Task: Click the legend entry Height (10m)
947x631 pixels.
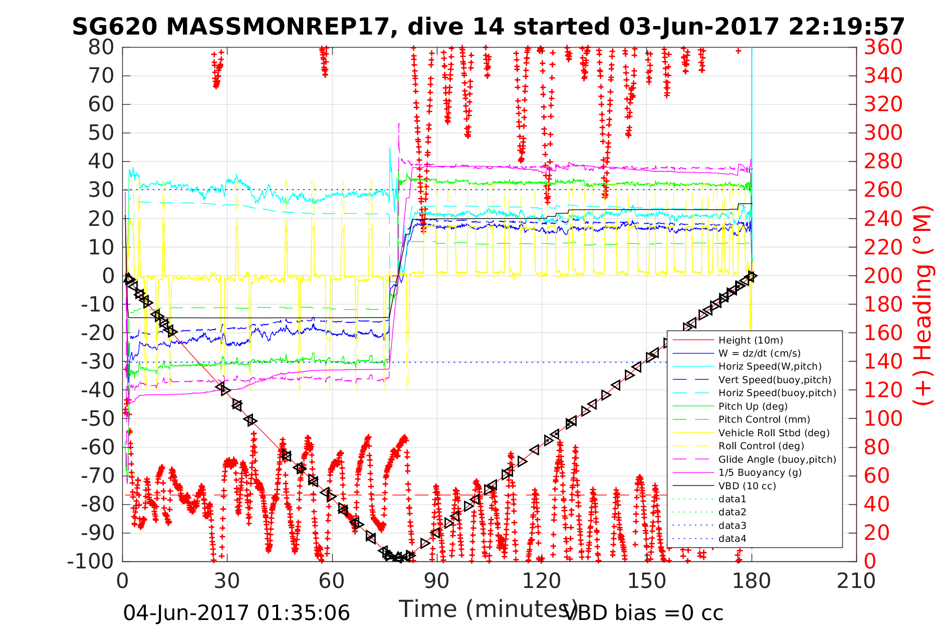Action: tap(750, 341)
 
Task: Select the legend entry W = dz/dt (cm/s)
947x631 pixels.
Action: tap(759, 354)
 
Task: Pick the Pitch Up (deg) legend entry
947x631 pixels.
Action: tap(753, 406)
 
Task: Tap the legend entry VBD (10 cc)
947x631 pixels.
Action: tap(747, 486)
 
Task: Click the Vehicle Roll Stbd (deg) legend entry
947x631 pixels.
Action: tap(774, 433)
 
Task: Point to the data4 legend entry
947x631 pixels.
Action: tap(732, 539)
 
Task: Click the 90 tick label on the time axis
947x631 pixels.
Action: tap(437, 581)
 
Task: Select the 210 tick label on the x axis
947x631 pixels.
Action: tap(856, 581)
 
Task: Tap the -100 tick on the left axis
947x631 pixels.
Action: tap(91, 561)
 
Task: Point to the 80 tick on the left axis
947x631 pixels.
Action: tap(102, 48)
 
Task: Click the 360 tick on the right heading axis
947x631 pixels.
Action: tap(883, 48)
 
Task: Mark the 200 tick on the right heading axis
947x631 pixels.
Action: tap(883, 276)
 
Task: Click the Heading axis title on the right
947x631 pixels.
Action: tap(922, 305)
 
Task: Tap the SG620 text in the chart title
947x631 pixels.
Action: tap(115, 27)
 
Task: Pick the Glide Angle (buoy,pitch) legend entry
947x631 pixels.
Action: tap(777, 459)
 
